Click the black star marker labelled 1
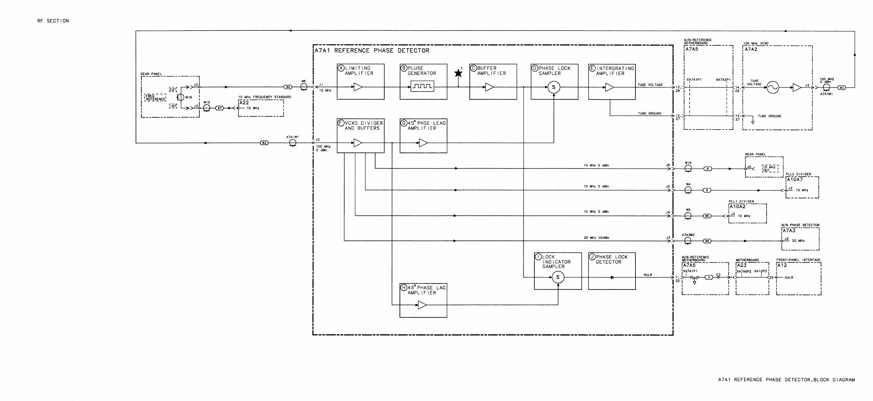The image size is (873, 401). tap(458, 73)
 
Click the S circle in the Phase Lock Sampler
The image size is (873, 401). tap(554, 87)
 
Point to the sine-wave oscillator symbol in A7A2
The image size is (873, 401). tap(773, 87)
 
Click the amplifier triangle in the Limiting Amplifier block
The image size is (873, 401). tap(357, 87)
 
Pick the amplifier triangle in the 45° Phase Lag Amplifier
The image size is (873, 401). tap(422, 305)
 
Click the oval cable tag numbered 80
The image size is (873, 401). tap(288, 87)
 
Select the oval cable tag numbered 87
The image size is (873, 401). tap(220, 108)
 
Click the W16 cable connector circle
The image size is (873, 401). tap(688, 168)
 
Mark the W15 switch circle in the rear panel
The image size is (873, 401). tap(181, 97)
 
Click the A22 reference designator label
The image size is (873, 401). tap(244, 103)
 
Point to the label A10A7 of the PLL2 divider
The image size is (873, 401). tap(794, 180)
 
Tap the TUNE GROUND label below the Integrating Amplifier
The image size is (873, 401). tap(649, 113)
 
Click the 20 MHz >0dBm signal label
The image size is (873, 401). tap(596, 238)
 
